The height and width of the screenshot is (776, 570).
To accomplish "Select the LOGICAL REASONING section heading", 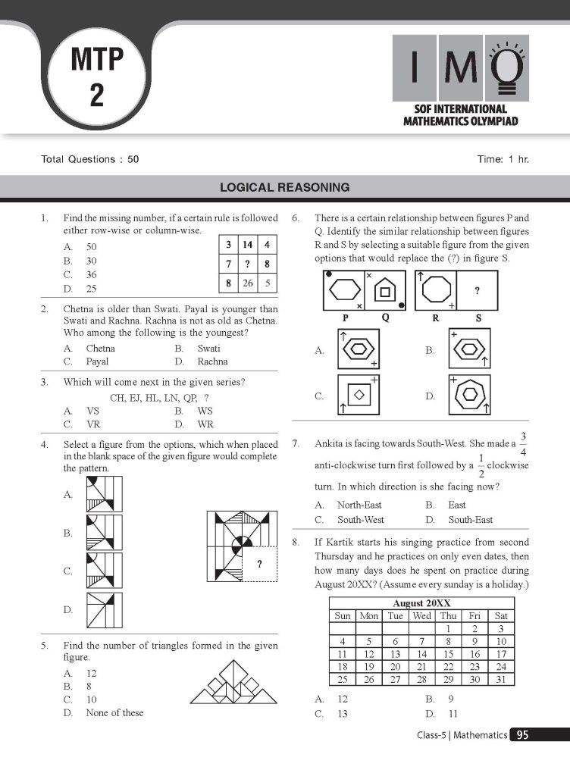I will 284,186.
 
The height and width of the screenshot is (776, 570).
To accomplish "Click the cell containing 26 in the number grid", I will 248,283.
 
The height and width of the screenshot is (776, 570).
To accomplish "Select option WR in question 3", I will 205,424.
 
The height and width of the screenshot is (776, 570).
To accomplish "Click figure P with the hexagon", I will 346,289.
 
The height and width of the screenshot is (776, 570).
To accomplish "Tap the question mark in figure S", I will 477,291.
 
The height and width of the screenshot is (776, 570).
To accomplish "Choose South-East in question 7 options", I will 470,520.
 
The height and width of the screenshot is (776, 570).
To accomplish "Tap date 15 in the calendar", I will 448,653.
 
